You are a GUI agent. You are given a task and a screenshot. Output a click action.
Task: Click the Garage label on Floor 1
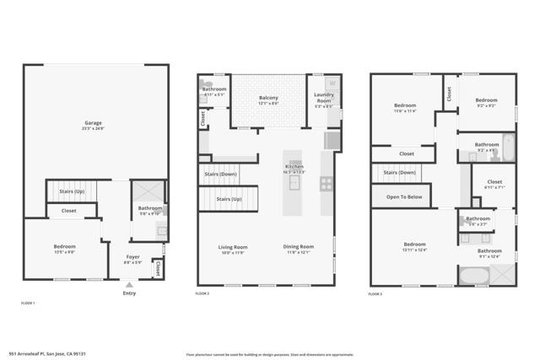pos(93,123)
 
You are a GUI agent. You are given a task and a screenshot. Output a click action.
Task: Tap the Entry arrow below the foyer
pos(128,286)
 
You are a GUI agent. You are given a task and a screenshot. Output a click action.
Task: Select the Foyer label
pos(133,256)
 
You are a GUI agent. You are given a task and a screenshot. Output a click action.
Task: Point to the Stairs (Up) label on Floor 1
pos(71,191)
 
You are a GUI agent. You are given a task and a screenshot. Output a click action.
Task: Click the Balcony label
pos(268,98)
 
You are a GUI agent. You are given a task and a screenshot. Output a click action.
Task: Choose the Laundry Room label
pos(324,98)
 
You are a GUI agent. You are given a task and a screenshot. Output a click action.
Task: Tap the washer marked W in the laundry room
pos(332,83)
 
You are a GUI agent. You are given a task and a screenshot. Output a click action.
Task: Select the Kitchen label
pos(294,167)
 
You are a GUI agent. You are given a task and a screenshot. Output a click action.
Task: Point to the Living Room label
pos(233,246)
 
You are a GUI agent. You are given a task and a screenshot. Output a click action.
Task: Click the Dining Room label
pos(298,246)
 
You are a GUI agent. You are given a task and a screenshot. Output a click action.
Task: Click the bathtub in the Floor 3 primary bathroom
pos(470,276)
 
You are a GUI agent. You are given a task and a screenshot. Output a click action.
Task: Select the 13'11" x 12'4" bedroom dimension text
pos(414,250)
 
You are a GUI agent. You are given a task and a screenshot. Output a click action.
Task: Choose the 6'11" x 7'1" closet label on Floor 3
pos(494,186)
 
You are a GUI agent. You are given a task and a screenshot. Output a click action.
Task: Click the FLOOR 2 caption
pos(202,293)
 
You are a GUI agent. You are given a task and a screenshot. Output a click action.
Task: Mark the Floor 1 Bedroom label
pos(65,246)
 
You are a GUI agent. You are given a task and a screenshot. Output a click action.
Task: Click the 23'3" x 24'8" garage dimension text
pos(93,129)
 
